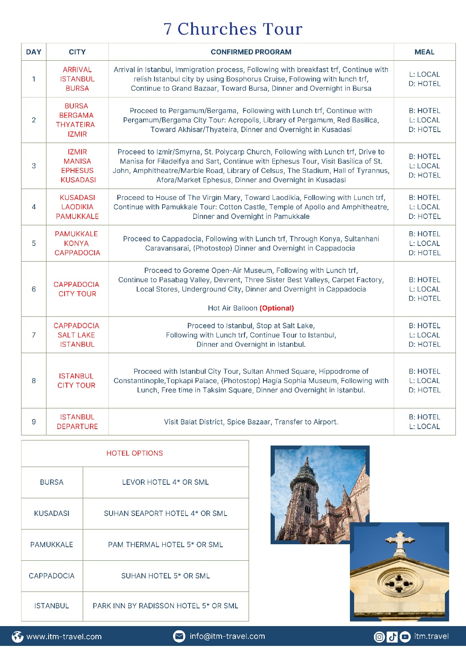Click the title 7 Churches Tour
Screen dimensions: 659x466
233,29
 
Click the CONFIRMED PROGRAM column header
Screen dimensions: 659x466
251,52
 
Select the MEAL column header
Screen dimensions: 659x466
424,52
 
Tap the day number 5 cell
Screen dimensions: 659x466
34,243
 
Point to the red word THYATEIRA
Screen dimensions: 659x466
76,124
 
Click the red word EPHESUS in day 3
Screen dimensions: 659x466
77,170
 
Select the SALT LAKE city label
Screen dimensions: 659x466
76,335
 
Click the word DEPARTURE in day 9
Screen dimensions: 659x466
77,427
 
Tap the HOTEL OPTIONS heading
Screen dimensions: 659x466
135,453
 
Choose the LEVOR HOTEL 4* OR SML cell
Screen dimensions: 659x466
165,482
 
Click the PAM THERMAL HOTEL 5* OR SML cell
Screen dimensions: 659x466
165,545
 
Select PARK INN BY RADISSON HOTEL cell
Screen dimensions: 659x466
165,606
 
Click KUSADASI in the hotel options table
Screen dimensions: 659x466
51,513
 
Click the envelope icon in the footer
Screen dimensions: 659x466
179,636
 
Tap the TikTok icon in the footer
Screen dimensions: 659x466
392,637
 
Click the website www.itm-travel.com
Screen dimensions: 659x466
64,637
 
